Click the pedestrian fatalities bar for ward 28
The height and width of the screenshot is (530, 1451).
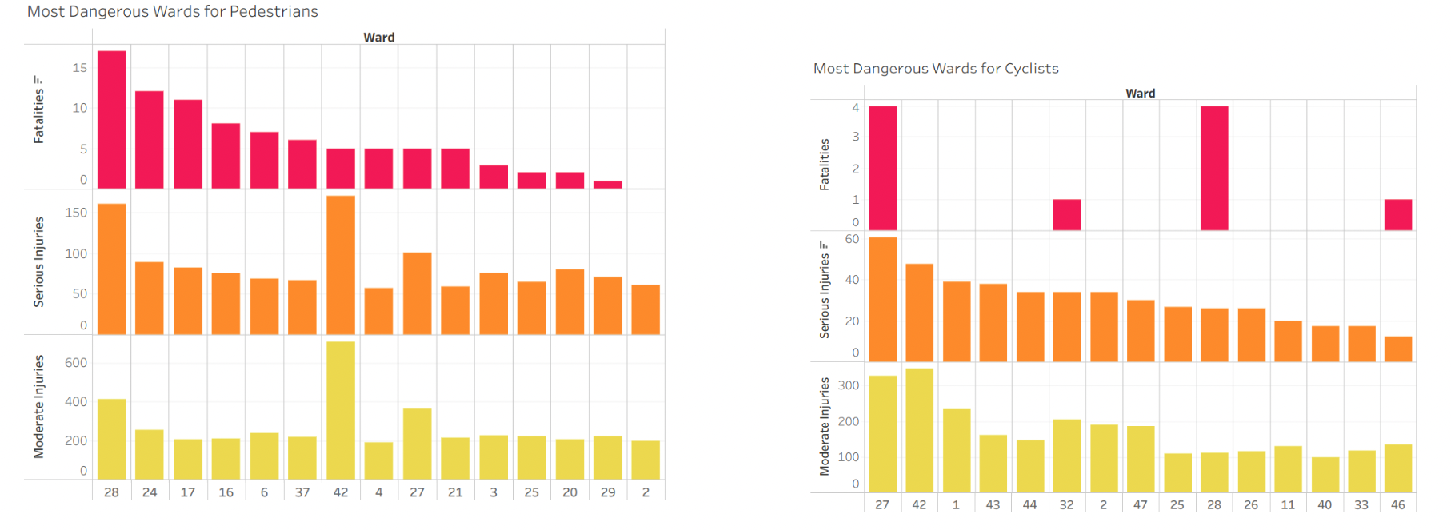111,120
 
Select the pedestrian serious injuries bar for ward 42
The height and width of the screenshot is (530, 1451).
341,265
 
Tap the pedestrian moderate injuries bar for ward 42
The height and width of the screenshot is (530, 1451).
341,410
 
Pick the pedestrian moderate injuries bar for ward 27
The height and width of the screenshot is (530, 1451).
417,444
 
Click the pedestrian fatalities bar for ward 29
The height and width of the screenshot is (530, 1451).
608,185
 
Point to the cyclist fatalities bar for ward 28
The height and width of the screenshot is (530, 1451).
1214,168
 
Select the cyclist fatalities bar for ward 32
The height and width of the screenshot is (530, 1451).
1067,214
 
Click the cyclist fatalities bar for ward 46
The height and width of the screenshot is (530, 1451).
1398,214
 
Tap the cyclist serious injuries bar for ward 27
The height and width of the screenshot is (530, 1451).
883,299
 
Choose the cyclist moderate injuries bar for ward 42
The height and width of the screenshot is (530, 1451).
920,430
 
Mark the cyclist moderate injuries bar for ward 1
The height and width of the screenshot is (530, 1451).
957,450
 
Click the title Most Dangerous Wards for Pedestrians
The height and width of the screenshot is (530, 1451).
173,11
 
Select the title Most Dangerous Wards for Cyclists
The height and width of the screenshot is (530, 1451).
936,69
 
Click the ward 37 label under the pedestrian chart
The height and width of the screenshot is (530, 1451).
302,492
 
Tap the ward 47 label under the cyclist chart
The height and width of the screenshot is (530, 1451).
1141,505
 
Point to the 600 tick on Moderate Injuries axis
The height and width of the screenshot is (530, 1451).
76,363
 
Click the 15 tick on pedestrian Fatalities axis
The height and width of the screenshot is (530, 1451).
80,68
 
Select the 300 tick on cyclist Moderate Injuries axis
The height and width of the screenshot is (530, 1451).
849,385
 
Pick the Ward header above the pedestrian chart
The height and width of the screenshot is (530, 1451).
379,38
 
